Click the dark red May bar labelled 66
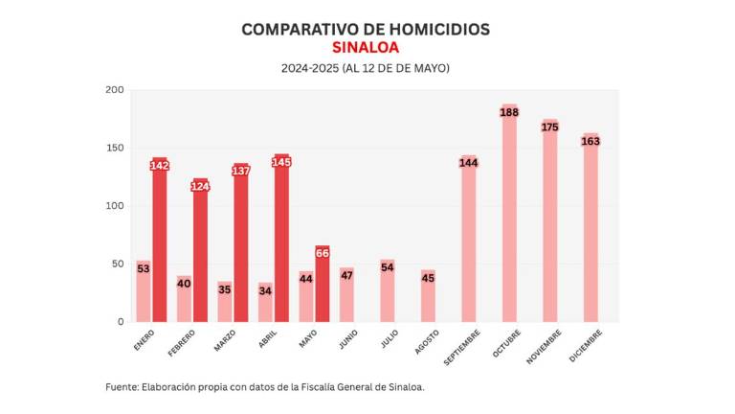[x=323, y=287]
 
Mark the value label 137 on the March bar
[x=241, y=171]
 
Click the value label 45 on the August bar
[x=428, y=279]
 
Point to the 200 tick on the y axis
[x=115, y=90]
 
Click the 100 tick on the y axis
[x=115, y=206]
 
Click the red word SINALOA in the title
[x=366, y=47]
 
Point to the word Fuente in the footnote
[x=122, y=387]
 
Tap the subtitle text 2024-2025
[x=305, y=69]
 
